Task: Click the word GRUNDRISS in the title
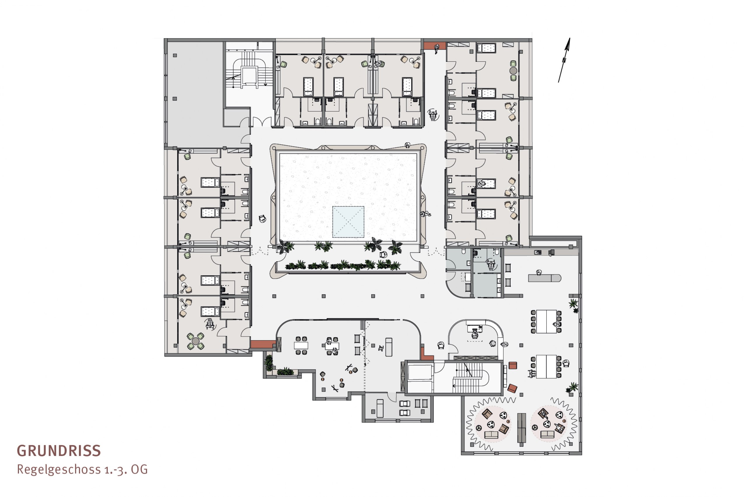click(x=59, y=451)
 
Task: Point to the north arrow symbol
click(x=564, y=60)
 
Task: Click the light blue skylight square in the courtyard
click(x=348, y=222)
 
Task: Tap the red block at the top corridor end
click(x=435, y=46)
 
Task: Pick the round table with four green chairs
click(x=196, y=341)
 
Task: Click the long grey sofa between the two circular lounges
click(x=521, y=428)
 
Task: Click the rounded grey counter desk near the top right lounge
click(x=544, y=278)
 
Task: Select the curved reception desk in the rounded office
click(x=488, y=330)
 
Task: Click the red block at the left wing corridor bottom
click(x=263, y=344)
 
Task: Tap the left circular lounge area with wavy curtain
click(x=491, y=424)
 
